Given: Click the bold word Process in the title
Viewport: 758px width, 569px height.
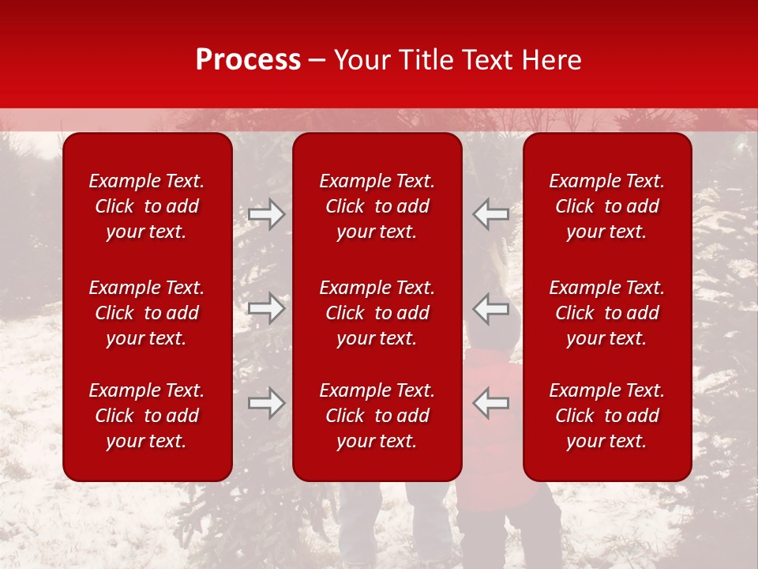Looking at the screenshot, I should click(248, 60).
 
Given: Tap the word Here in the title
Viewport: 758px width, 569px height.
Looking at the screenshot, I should click(552, 60).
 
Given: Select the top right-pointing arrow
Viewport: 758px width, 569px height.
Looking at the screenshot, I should click(266, 214).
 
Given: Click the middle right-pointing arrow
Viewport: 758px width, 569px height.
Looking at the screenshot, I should click(266, 308).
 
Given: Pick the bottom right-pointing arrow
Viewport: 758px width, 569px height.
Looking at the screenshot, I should click(266, 402).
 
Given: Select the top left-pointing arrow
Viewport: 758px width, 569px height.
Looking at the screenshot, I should click(491, 214).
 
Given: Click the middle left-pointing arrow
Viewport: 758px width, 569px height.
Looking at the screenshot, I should click(491, 308).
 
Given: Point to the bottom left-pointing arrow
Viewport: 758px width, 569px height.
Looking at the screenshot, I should click(491, 402).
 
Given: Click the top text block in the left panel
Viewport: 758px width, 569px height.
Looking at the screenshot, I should click(147, 206).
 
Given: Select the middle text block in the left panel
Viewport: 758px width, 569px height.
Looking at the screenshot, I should click(147, 313).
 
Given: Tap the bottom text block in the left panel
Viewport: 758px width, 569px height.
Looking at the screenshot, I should click(147, 416).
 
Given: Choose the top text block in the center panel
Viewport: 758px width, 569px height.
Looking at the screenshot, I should click(377, 206).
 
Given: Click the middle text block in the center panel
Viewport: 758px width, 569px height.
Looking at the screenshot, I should click(377, 313).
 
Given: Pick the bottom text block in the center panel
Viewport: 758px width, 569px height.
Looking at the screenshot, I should click(377, 416).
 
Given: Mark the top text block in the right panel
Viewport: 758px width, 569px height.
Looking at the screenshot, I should click(607, 206).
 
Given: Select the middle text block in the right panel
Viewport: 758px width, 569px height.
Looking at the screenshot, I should click(607, 313).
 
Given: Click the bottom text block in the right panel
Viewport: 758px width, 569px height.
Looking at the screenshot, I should click(607, 416).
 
